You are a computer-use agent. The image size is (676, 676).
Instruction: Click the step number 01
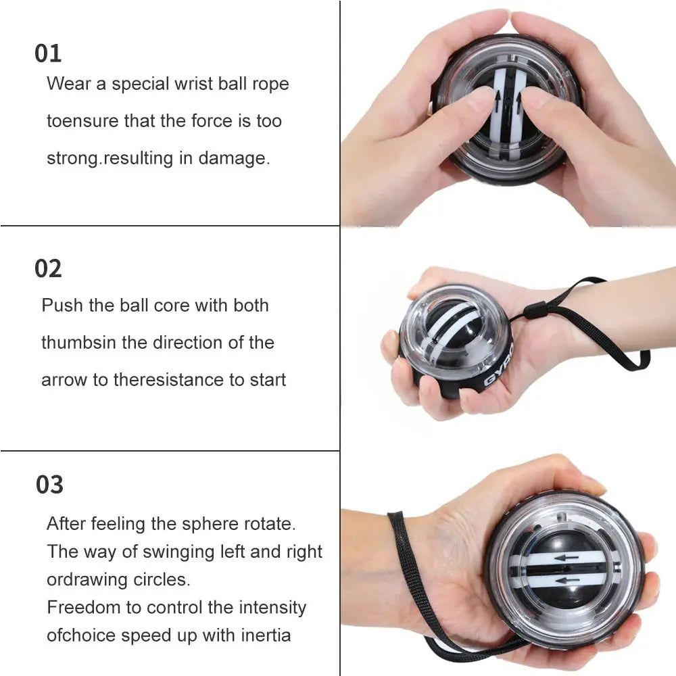tap(48, 54)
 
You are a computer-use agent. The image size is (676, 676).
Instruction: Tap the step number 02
tap(48, 269)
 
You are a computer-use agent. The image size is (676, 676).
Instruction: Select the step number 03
tap(49, 485)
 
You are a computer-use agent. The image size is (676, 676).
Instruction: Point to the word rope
tap(270, 85)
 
